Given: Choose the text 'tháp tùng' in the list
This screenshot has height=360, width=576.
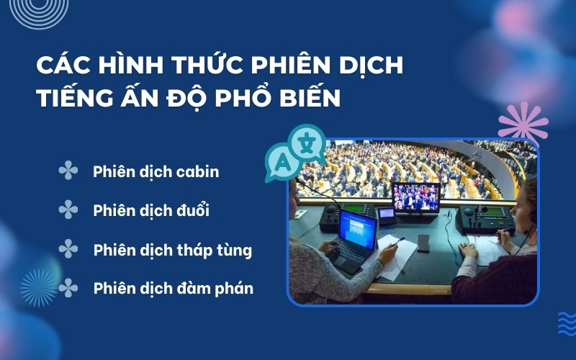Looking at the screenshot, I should tap(215, 251).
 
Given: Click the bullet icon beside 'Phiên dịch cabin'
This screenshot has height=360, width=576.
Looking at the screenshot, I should tap(68, 171).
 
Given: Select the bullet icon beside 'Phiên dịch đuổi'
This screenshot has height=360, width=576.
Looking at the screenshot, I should tap(68, 210).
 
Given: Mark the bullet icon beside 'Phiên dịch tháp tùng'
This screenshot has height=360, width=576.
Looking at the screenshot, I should tap(68, 249).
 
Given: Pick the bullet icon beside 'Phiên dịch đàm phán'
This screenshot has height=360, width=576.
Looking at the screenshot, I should tap(68, 288).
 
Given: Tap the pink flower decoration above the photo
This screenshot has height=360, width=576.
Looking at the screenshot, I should tap(523, 120).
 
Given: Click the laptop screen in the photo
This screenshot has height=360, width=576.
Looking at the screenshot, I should tap(358, 228).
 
